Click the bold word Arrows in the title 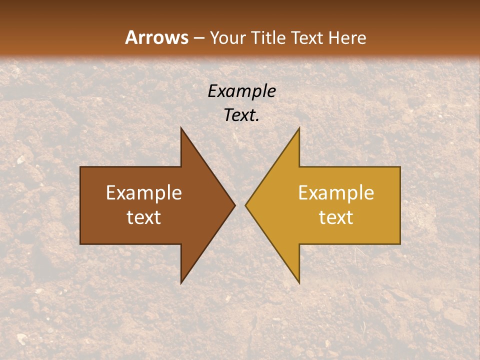pos(157,37)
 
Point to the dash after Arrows pos(198,38)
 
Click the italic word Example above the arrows pos(241,91)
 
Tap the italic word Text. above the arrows pos(241,115)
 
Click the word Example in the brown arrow pos(144,193)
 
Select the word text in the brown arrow pos(144,217)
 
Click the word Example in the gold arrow pos(336,193)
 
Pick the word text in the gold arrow pos(336,217)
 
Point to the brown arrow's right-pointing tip pos(234,205)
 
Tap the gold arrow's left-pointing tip pos(246,205)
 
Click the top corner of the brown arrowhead pos(181,128)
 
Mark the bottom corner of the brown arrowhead pos(181,283)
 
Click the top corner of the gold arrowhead pos(299,128)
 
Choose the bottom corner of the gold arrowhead pos(299,283)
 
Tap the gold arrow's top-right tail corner pos(400,167)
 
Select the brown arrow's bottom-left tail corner pos(80,244)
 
